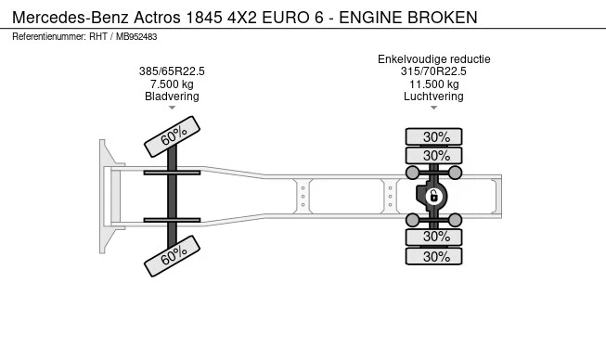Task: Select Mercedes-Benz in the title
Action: [x=71, y=18]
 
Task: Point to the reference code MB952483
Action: [x=137, y=36]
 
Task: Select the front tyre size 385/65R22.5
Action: [x=172, y=71]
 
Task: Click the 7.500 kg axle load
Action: [x=172, y=84]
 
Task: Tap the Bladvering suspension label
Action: [x=172, y=96]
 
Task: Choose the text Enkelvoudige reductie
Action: [x=433, y=59]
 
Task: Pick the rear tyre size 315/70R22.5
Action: [x=433, y=71]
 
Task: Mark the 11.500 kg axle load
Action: [x=433, y=84]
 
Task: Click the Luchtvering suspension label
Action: [x=433, y=96]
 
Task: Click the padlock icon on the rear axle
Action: [x=433, y=196]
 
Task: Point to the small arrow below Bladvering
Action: [x=172, y=109]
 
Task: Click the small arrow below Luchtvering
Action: [x=433, y=109]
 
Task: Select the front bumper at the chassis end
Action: [x=104, y=196]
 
